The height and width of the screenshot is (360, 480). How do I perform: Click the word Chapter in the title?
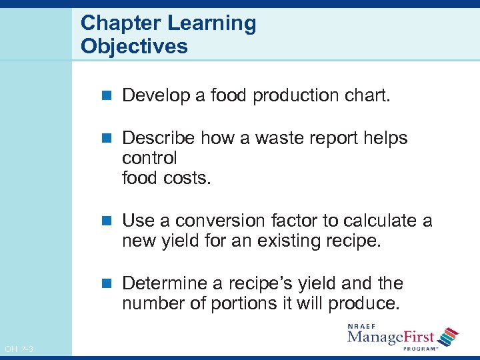(121, 24)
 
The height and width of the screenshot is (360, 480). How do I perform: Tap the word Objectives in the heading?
(134, 47)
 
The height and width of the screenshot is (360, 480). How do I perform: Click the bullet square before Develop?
(109, 96)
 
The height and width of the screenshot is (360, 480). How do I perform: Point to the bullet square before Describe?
(109, 139)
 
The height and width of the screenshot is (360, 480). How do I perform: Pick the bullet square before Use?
(109, 221)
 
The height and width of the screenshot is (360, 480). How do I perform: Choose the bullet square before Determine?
(109, 284)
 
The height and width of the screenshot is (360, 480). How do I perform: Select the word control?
(149, 159)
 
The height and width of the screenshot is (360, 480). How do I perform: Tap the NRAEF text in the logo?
(363, 325)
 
